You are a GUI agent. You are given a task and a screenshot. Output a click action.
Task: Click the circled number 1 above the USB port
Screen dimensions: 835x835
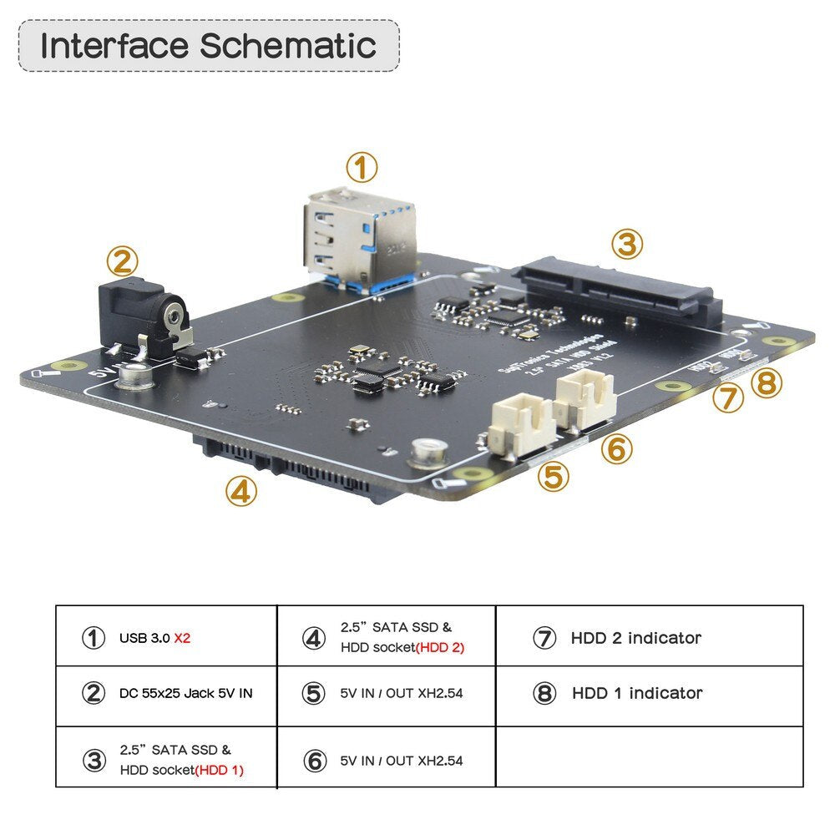click(x=361, y=168)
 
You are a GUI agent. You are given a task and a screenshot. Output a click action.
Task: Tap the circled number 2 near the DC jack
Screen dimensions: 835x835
click(x=122, y=262)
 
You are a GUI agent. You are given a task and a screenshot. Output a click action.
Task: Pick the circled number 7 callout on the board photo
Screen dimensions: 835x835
click(x=728, y=397)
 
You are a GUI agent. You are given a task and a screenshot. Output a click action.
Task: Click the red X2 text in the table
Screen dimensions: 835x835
click(x=183, y=639)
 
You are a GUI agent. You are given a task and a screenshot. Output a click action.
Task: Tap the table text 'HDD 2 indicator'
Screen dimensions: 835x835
click(x=635, y=639)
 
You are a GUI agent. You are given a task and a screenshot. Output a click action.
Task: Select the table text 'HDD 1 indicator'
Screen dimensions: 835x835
click(x=637, y=693)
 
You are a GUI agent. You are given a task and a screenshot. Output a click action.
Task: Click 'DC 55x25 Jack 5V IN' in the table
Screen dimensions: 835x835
click(x=185, y=693)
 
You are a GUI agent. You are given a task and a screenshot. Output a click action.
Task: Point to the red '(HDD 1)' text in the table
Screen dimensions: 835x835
click(x=219, y=771)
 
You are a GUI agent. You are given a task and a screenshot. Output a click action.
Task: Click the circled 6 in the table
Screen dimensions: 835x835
click(x=313, y=761)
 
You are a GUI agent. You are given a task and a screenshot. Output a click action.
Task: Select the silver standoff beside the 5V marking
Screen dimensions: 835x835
click(x=132, y=377)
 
